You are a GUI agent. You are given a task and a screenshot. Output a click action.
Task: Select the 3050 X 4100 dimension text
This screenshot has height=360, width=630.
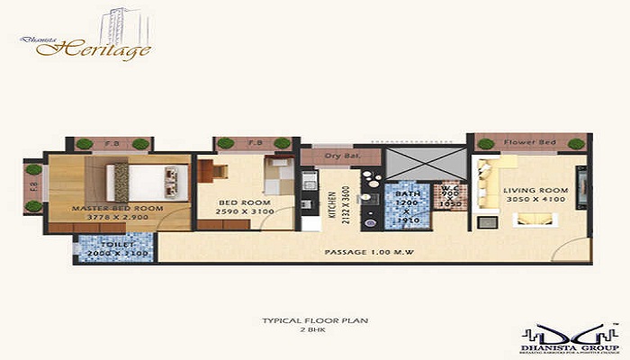[x=532, y=200]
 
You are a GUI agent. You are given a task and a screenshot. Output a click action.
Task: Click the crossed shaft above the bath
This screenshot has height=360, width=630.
[x=422, y=163]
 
